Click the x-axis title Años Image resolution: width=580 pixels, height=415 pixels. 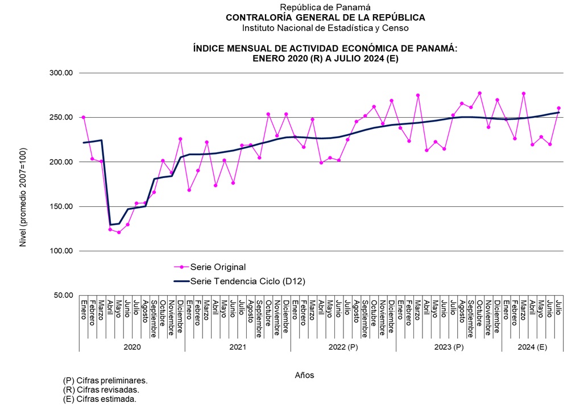click(x=304, y=375)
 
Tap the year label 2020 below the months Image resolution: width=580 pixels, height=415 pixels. click(x=132, y=347)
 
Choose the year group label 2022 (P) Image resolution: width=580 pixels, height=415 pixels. click(x=343, y=347)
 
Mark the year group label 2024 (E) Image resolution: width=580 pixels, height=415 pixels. click(x=533, y=347)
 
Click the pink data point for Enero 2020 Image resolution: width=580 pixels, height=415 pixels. click(x=84, y=117)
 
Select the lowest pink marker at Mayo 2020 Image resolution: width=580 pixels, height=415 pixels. click(x=119, y=232)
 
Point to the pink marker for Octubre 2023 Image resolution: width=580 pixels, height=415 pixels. click(x=479, y=93)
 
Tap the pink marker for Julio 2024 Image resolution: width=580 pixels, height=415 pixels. click(x=559, y=108)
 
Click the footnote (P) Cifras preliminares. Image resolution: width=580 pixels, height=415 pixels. click(x=105, y=380)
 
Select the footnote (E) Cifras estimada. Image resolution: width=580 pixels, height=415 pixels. click(x=100, y=399)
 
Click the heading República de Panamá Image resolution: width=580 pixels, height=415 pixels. click(x=325, y=7)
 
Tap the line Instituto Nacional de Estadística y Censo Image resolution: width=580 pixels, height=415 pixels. click(x=325, y=27)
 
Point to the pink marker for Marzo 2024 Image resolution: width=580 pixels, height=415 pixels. click(x=524, y=93)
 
